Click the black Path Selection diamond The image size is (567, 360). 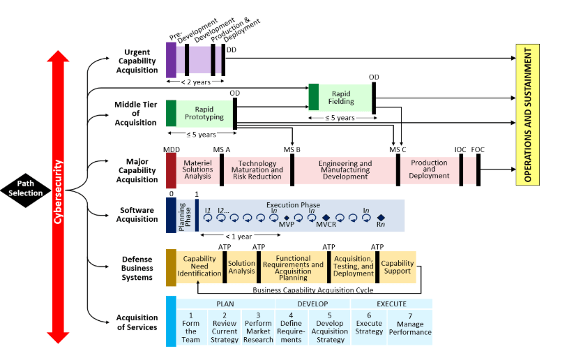pos(26,188)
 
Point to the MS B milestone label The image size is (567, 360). pos(292,149)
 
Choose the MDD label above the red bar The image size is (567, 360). pos(171,149)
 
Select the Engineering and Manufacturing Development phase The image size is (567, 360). pos(345,170)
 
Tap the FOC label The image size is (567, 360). pos(478,149)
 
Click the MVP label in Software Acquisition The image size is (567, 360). pos(287,225)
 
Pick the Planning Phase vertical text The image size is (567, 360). pos(183,216)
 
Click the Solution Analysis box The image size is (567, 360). pos(242,267)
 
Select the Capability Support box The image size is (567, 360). pos(398,267)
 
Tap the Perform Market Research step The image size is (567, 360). pos(258,327)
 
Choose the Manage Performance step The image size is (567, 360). pos(410,328)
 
